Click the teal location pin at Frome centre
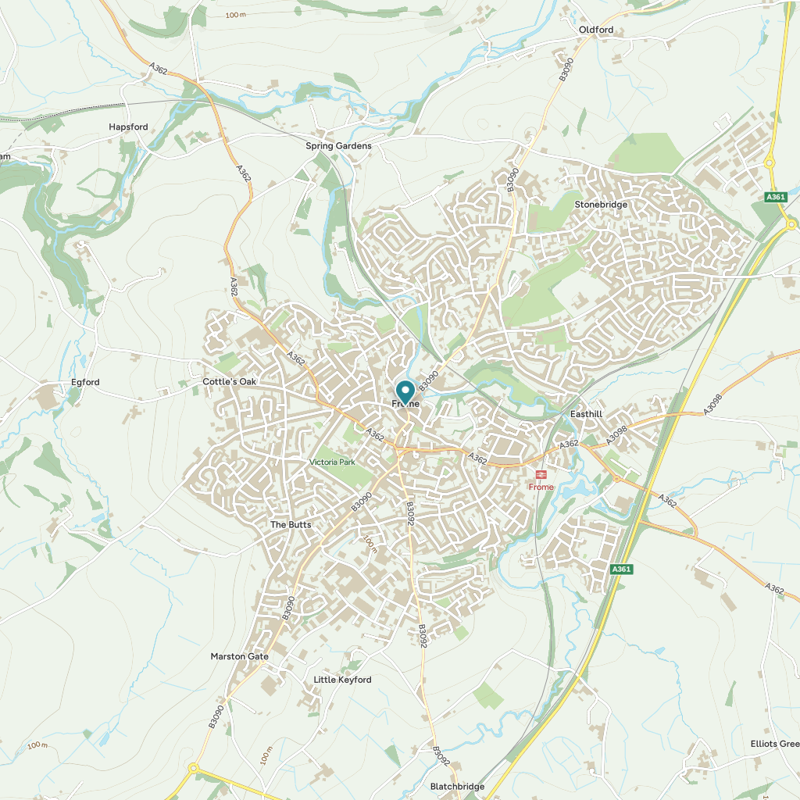point(405,391)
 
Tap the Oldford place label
point(596,30)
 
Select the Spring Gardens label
point(338,146)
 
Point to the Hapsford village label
point(128,127)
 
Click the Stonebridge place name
point(601,205)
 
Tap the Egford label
point(85,382)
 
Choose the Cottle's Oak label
point(229,381)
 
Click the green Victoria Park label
point(332,462)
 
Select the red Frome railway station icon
point(541,474)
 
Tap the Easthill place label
point(587,413)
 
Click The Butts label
point(291,524)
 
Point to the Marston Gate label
point(239,656)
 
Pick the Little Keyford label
point(342,680)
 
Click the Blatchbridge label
point(458,786)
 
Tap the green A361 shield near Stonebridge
point(775,197)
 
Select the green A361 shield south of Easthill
point(621,570)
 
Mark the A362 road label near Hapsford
point(158,70)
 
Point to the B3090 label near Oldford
point(566,70)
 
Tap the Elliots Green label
point(774,744)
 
